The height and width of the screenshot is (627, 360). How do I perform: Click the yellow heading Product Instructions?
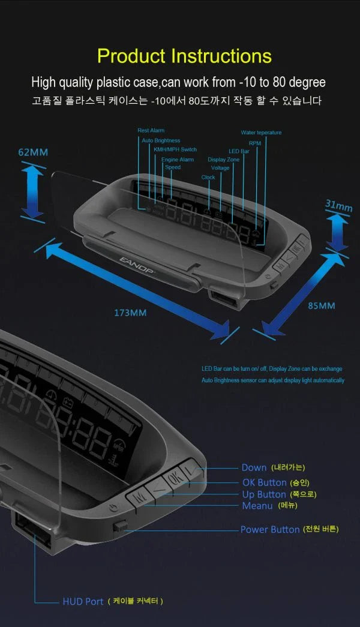[184, 56]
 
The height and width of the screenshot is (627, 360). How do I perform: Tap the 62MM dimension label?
[32, 152]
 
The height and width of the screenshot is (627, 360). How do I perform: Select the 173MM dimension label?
[130, 313]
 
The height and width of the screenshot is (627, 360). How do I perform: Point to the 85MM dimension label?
[322, 305]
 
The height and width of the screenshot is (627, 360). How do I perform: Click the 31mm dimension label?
[338, 206]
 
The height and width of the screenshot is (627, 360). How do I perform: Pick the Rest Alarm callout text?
[151, 130]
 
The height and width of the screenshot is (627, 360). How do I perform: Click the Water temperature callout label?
[261, 133]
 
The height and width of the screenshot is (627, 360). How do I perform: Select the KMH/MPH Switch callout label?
[175, 149]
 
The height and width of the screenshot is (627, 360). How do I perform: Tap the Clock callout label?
[208, 178]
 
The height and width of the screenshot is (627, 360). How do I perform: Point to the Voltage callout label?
[220, 168]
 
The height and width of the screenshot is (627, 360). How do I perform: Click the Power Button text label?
[269, 529]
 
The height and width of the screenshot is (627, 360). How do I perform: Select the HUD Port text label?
[83, 601]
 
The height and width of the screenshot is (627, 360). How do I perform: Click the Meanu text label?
[257, 506]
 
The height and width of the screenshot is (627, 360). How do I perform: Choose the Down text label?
[254, 467]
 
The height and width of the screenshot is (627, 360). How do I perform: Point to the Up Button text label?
[264, 494]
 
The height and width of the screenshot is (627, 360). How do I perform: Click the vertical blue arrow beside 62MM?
[32, 191]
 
